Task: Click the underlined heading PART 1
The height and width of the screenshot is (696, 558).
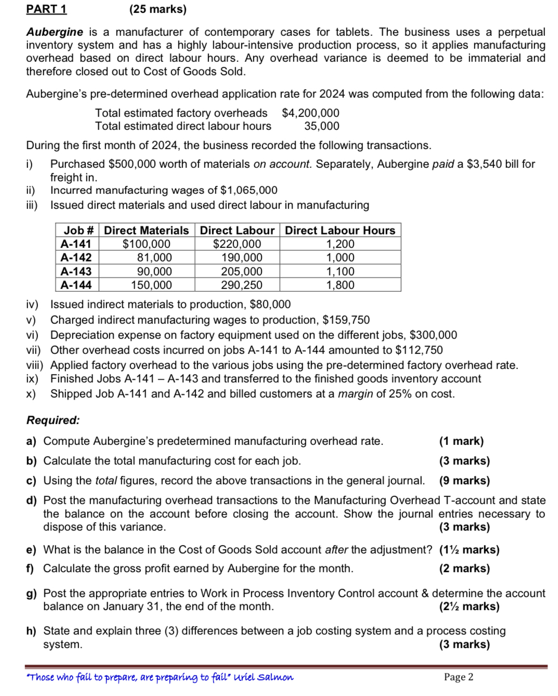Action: pyautogui.click(x=46, y=9)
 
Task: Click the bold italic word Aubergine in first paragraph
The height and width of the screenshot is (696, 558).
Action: pyautogui.click(x=55, y=32)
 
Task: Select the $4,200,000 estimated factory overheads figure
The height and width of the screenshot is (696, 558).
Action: pyautogui.click(x=310, y=113)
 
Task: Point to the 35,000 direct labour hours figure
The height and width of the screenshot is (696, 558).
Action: pyautogui.click(x=321, y=126)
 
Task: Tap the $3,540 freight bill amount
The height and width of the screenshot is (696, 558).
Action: pyautogui.click(x=484, y=164)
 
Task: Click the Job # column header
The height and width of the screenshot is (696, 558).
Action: pyautogui.click(x=78, y=230)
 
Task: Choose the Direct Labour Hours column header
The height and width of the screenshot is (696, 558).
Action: pyautogui.click(x=340, y=230)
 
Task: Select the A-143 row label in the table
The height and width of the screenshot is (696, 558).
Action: pyautogui.click(x=76, y=271)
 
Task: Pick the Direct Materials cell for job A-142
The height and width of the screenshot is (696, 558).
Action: pyautogui.click(x=154, y=258)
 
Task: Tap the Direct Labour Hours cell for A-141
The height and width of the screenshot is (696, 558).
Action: pyautogui.click(x=340, y=244)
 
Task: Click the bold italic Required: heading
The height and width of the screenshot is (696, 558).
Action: pyautogui.click(x=53, y=420)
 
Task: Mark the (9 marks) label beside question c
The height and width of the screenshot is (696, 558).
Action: pyautogui.click(x=464, y=481)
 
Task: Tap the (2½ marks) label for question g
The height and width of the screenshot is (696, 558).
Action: pyautogui.click(x=469, y=607)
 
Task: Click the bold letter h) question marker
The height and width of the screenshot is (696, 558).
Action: pyautogui.click(x=31, y=631)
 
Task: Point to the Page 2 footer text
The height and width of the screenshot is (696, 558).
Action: pyautogui.click(x=459, y=677)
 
